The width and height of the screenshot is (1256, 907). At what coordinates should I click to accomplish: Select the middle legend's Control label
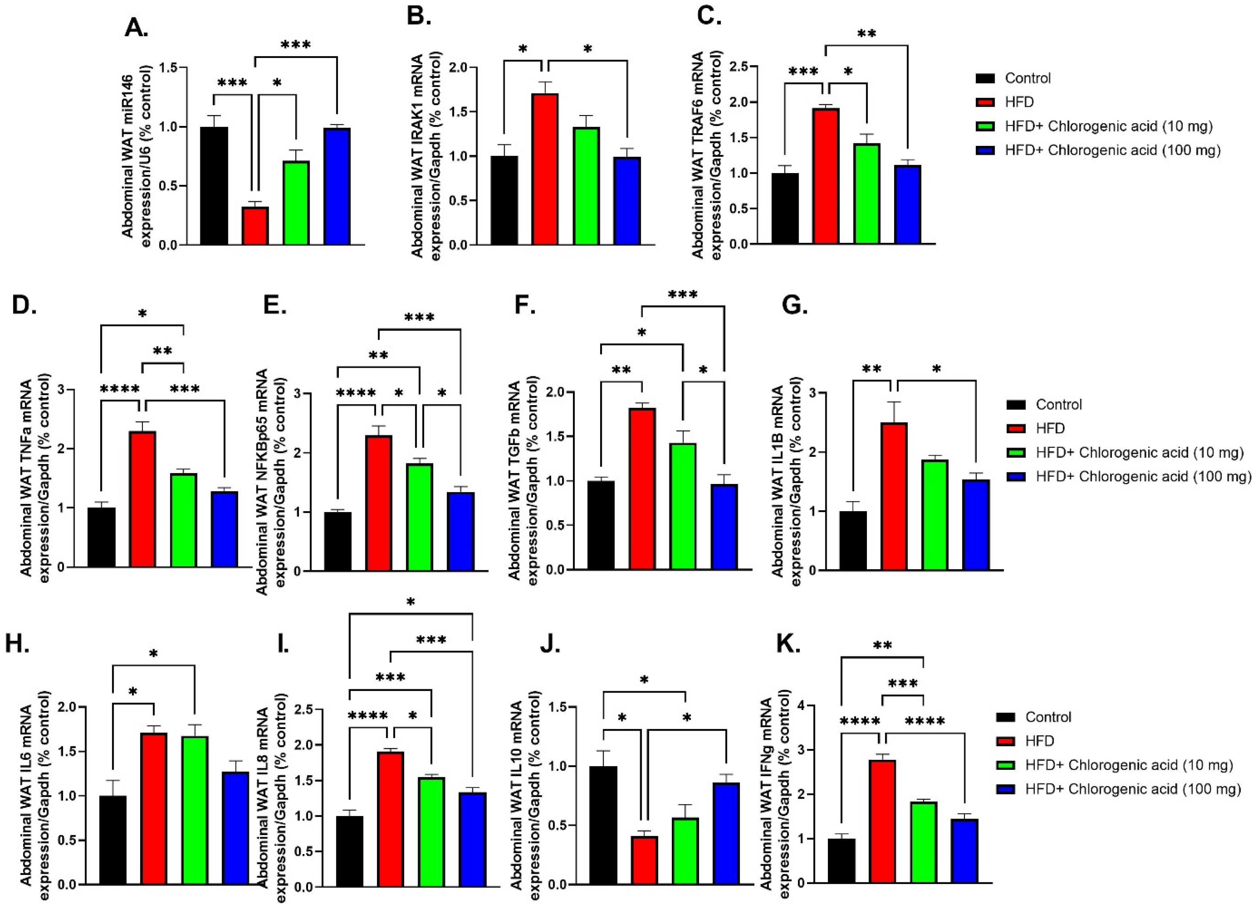click(x=1058, y=404)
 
